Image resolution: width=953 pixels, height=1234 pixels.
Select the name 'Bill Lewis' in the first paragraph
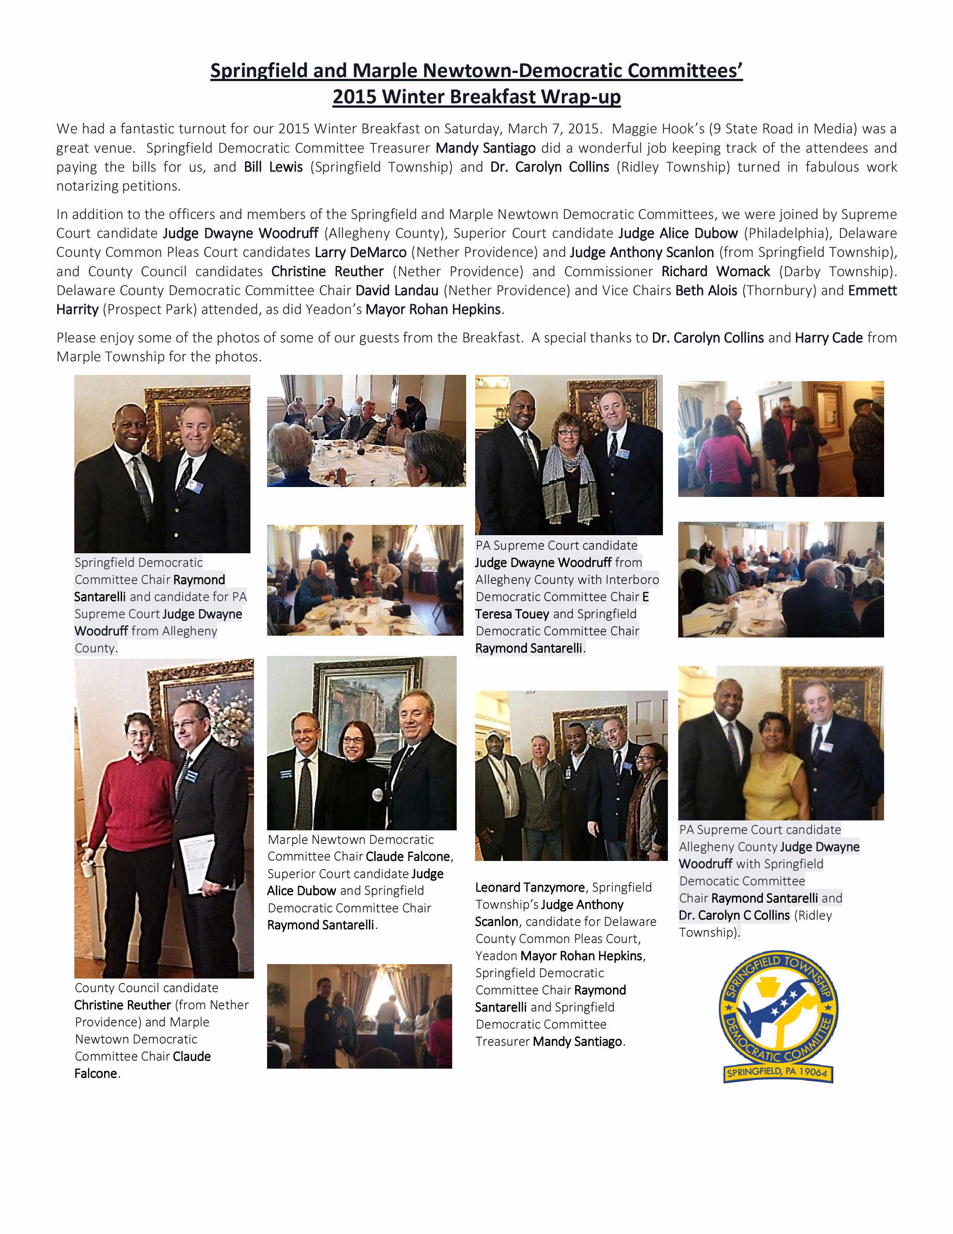click(x=273, y=167)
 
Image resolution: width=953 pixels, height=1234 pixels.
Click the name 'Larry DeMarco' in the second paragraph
click(x=360, y=253)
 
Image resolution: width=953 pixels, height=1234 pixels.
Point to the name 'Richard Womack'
click(x=715, y=272)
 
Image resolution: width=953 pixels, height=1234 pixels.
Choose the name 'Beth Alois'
click(x=706, y=291)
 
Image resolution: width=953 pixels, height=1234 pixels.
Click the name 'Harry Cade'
click(x=828, y=338)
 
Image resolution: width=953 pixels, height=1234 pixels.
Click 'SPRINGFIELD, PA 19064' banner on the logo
click(x=778, y=1072)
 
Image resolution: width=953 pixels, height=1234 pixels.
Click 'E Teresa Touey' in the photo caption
click(x=512, y=614)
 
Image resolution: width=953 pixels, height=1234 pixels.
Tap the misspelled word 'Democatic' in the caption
click(x=742, y=881)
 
